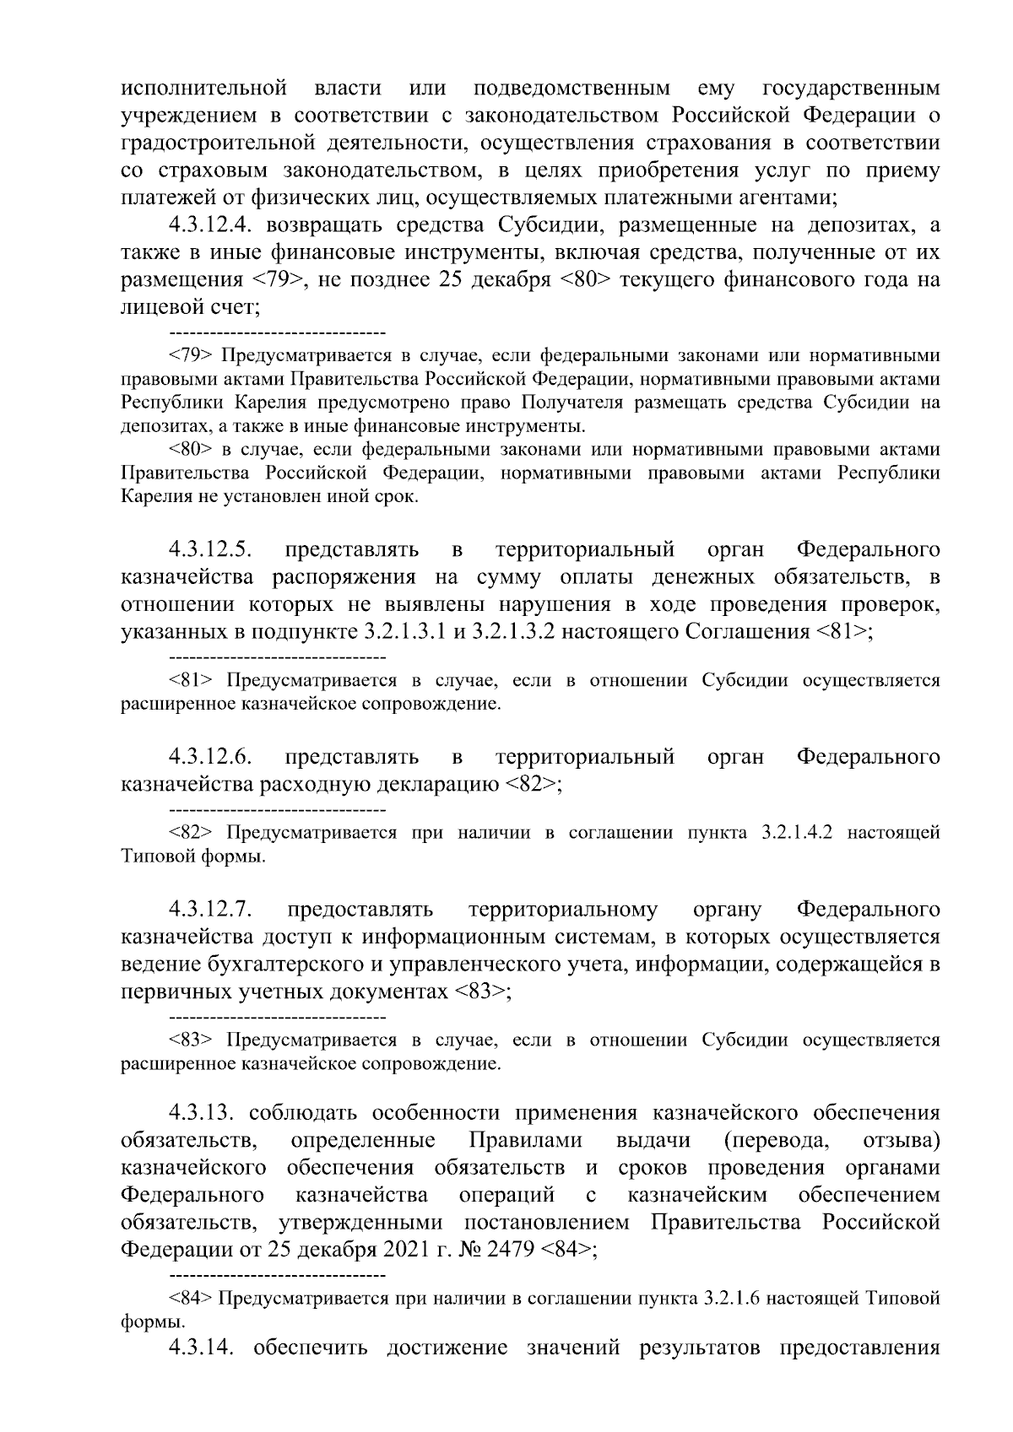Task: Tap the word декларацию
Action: point(425,784)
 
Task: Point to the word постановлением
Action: point(546,1223)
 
